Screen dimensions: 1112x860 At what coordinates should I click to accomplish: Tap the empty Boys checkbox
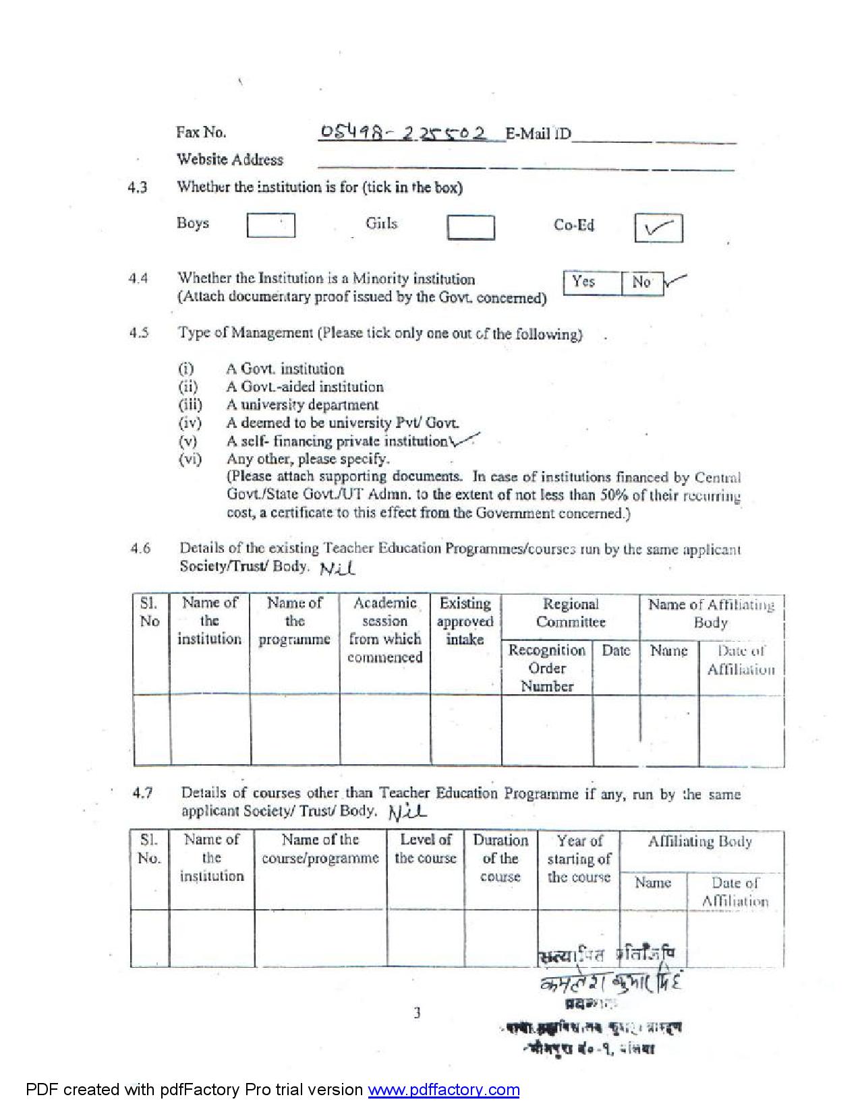(270, 225)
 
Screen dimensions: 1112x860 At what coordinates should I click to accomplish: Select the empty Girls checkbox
(470, 227)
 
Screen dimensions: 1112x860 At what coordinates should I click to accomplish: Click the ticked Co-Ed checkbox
(658, 228)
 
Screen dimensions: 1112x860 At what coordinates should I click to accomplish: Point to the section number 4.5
(139, 333)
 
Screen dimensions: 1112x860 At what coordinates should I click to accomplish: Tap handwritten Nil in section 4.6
(337, 569)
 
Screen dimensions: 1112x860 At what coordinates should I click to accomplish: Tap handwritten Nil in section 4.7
(408, 812)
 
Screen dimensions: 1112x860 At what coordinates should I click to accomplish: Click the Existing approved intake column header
(465, 621)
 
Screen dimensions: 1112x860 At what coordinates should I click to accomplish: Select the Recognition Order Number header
(547, 668)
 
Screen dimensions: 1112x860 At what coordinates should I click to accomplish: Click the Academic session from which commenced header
(384, 629)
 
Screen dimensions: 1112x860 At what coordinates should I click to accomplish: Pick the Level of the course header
(426, 849)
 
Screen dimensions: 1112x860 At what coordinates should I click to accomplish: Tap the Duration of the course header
(500, 858)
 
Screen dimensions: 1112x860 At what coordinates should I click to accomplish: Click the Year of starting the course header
(579, 859)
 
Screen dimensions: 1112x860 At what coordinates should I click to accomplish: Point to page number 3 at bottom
(417, 1012)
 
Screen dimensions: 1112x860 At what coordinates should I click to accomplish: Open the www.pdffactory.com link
(443, 1090)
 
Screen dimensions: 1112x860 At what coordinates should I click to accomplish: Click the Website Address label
(229, 160)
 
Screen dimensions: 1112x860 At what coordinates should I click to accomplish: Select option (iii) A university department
(302, 404)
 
